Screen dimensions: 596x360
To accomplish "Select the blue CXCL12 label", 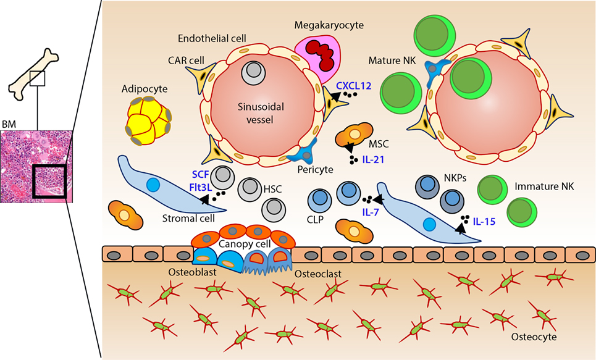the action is click(353, 86).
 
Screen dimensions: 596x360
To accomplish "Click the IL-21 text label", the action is click(373, 160).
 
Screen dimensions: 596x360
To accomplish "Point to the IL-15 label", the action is click(484, 221).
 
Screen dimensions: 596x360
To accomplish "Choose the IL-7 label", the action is click(371, 212).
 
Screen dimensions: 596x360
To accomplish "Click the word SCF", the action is click(200, 175).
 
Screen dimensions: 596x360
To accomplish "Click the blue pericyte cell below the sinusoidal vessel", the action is click(303, 153).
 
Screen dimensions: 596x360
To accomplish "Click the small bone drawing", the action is click(34, 75).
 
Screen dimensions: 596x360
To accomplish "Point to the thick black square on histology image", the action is click(49, 180).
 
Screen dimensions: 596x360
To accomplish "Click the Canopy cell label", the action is click(245, 244).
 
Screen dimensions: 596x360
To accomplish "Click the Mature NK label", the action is click(392, 61).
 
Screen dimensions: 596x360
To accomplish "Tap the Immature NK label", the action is click(544, 186).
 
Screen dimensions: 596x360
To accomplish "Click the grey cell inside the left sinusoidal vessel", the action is click(253, 72).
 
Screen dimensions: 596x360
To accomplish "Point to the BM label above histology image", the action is click(9, 124).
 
